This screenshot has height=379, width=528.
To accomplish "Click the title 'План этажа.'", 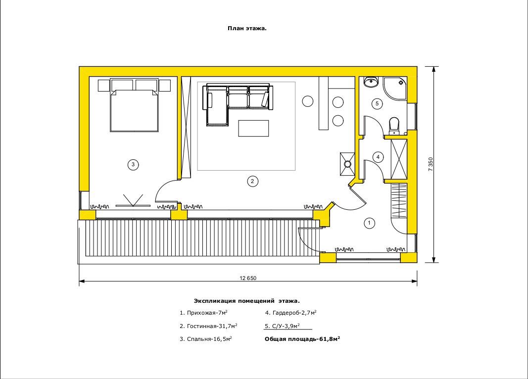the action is [247, 28].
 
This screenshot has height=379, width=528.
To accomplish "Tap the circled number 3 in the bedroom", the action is [133, 165].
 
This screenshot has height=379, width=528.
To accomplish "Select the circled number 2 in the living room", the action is [252, 182].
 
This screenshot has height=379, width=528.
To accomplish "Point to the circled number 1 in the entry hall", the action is [369, 223].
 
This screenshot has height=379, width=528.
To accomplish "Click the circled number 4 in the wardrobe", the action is [378, 157].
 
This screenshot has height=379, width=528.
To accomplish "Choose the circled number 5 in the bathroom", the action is [377, 104].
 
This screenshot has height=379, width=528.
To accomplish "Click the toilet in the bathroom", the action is [394, 126].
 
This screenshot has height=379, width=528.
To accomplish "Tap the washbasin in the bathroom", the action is [371, 82].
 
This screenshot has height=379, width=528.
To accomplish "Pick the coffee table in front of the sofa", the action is [253, 128].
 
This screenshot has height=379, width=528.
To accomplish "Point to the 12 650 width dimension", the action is [248, 278].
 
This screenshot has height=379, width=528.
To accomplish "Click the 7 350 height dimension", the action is [431, 164].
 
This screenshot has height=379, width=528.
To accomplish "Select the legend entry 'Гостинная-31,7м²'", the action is [208, 326].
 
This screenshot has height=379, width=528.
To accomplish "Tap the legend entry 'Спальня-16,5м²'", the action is [206, 339].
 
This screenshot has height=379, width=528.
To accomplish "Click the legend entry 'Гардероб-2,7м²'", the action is [290, 313].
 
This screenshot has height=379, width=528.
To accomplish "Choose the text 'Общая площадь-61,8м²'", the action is [302, 339].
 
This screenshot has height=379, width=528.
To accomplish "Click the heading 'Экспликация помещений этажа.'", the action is [247, 301].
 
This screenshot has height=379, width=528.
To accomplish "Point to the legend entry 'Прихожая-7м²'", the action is [203, 313].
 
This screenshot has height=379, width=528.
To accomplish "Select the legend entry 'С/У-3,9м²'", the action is [282, 326].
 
